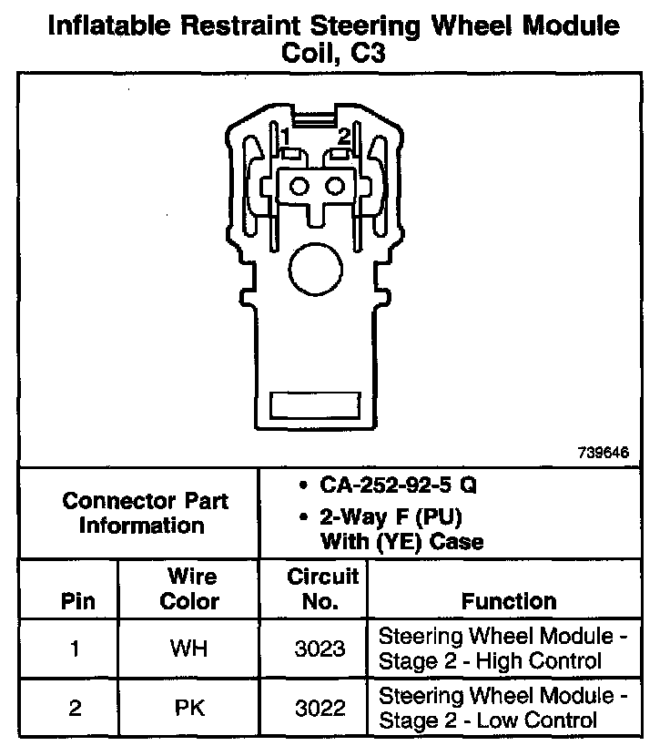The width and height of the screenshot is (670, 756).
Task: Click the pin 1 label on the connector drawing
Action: pos(285,138)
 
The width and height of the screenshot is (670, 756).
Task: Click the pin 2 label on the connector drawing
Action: pos(343,137)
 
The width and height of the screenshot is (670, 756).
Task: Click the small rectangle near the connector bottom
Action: pos(318,405)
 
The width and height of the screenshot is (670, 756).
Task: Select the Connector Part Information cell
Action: pos(145,513)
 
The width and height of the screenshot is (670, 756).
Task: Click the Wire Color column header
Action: pos(190,588)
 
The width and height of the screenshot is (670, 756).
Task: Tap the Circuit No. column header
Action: pos(322,588)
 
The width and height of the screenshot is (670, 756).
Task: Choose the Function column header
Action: pos(509,601)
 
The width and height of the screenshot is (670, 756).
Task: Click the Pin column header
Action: pos(76,602)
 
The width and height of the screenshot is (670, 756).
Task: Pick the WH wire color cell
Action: pos(189,649)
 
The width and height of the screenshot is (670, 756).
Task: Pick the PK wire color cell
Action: pos(189,708)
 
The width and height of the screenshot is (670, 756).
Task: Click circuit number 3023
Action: pos(321,649)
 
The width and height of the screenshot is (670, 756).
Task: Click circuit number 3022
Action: pos(321,708)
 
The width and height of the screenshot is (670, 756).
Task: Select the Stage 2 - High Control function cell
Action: pos(502,649)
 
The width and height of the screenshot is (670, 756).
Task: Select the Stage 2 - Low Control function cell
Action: pos(502,708)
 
